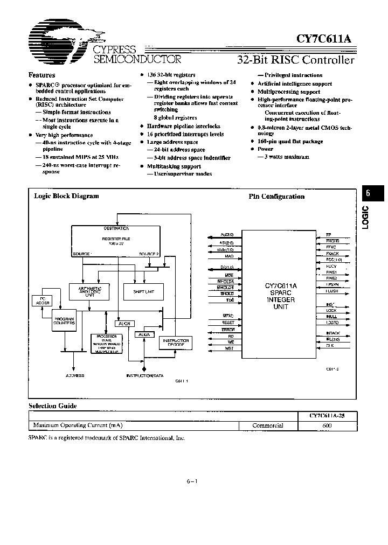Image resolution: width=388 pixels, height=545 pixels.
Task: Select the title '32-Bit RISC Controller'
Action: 296,60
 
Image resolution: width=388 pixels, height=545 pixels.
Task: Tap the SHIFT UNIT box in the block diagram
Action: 143,291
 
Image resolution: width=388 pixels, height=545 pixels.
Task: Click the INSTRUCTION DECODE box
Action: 175,343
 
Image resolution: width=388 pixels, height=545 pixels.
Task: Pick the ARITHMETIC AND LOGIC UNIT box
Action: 89,291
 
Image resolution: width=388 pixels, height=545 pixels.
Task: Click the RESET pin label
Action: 228,322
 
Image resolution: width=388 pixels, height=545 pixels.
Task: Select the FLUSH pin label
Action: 332,291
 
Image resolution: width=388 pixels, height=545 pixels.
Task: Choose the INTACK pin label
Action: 333,333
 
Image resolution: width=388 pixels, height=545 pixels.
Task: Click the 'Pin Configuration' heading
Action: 276,197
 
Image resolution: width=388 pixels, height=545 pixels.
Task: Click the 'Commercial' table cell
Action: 268,425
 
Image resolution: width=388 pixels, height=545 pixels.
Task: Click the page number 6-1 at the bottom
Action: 192,481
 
